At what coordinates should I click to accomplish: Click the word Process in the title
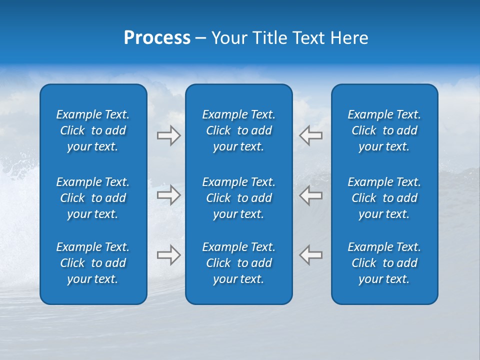click(x=157, y=38)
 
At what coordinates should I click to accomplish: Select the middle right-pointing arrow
click(x=168, y=195)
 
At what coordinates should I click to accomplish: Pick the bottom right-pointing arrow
click(x=168, y=255)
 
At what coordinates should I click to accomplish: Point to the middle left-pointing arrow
click(x=311, y=195)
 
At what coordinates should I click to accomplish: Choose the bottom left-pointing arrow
click(x=311, y=255)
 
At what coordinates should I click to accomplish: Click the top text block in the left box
click(x=93, y=130)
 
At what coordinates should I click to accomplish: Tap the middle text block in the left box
click(x=93, y=198)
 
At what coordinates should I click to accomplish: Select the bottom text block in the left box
click(x=93, y=263)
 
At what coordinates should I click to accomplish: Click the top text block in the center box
click(x=239, y=130)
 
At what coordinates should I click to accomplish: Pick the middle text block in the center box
click(x=239, y=198)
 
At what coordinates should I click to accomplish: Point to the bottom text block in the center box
click(x=239, y=263)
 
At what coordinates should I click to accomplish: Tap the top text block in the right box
click(x=384, y=130)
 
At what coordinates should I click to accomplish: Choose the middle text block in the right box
click(x=384, y=198)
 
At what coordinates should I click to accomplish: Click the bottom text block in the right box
click(x=384, y=263)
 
